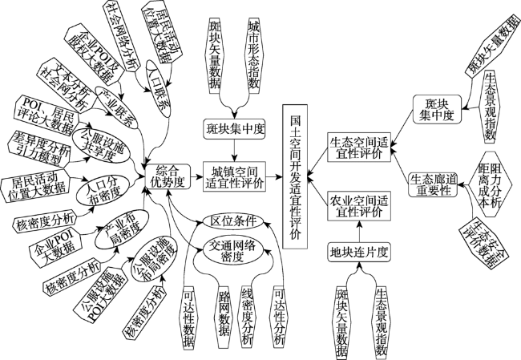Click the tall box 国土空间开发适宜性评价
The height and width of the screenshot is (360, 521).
tap(295, 176)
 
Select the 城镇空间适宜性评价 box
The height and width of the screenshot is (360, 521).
tap(235, 177)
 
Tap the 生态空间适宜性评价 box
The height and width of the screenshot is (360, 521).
tap(359, 148)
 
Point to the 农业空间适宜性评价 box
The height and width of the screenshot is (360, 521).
tap(359, 206)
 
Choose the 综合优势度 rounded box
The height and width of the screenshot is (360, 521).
tap(168, 176)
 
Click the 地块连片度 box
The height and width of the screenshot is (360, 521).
tap(359, 253)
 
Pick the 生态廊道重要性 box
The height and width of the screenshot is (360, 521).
tap(433, 184)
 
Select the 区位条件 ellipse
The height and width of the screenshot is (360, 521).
tap(233, 220)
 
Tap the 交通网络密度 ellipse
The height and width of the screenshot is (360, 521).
tap(233, 251)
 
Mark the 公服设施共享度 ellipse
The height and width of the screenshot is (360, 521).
tap(101, 146)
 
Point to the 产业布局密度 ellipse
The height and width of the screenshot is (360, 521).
tap(122, 230)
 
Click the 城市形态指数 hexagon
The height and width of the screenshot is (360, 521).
tap(254, 55)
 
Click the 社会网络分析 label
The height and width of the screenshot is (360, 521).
tap(121, 35)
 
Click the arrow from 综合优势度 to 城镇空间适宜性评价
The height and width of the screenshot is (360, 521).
tap(197, 176)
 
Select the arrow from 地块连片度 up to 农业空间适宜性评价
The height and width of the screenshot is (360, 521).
tap(359, 232)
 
